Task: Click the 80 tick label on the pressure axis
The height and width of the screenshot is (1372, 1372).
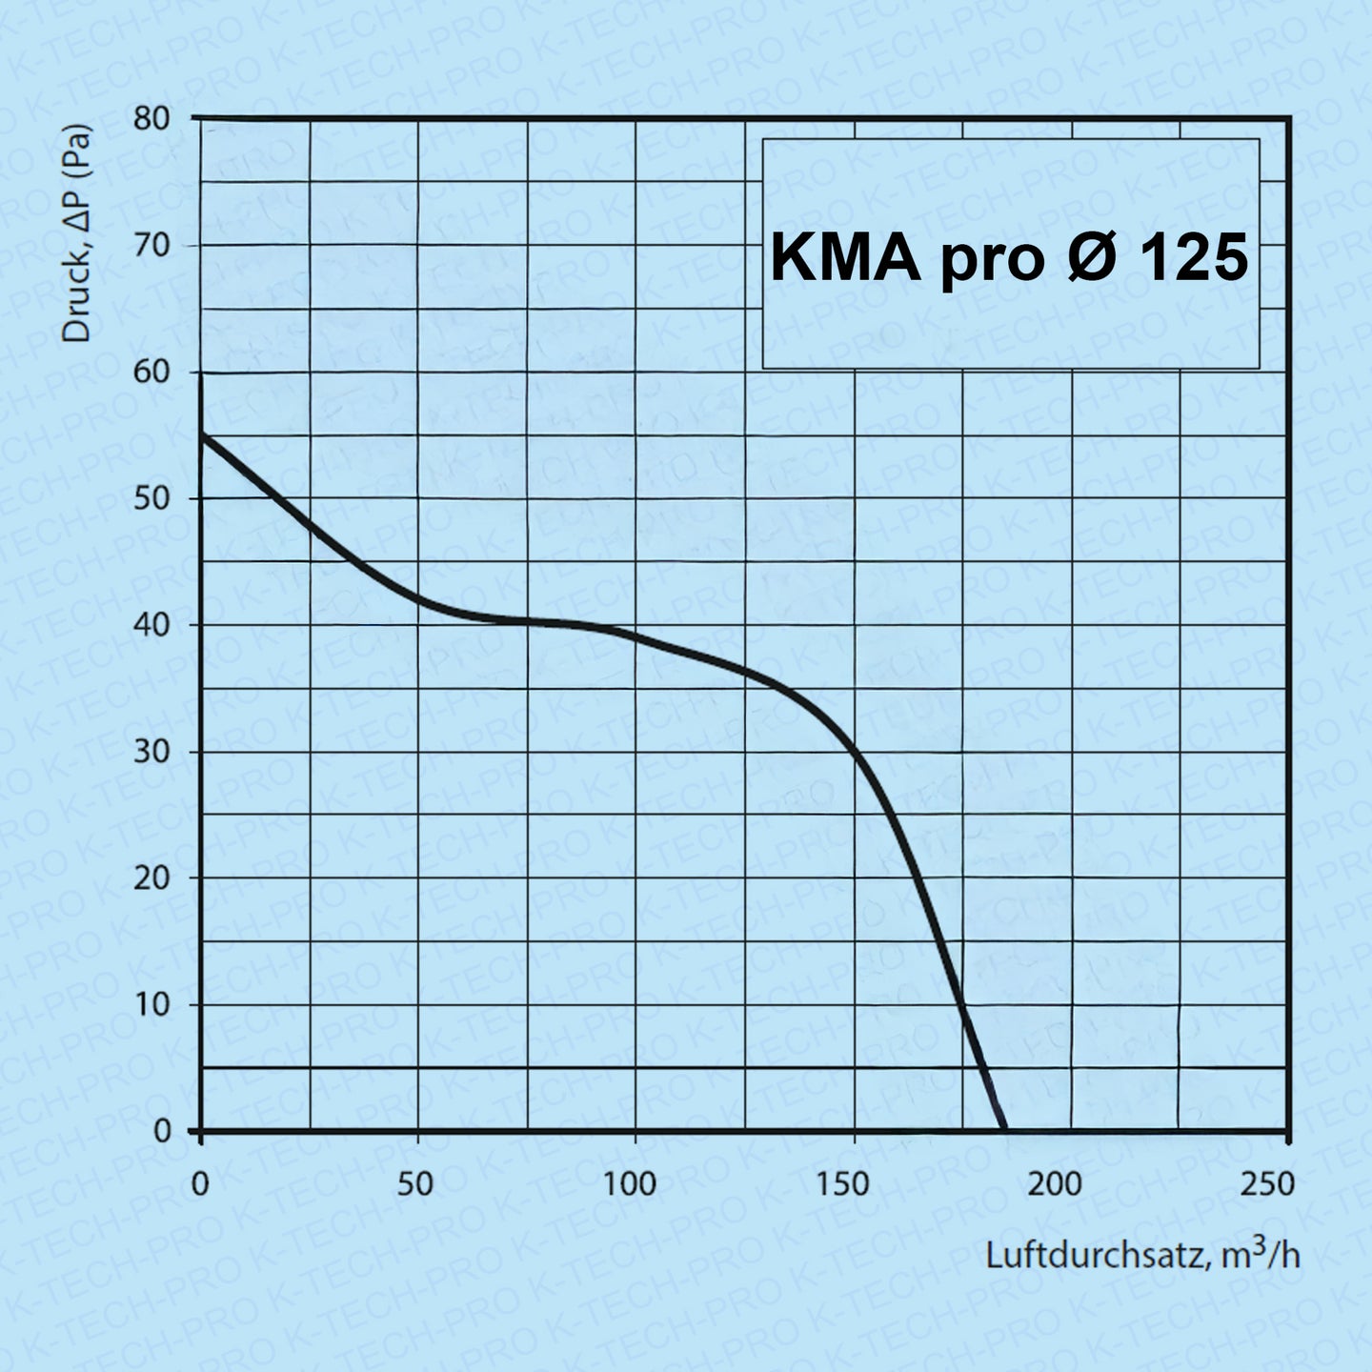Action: [150, 119]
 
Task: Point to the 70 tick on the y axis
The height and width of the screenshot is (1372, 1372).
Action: [150, 246]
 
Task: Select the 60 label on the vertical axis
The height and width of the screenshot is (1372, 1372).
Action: [150, 373]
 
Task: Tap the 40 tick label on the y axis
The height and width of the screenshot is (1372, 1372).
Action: [150, 625]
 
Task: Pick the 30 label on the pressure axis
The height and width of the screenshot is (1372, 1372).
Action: [150, 752]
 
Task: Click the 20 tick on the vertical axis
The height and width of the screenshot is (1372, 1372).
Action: [150, 878]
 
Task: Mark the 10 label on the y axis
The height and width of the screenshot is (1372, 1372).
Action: [150, 1004]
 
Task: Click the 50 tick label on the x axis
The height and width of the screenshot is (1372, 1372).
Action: [415, 1184]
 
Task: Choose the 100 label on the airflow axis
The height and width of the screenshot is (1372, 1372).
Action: [630, 1184]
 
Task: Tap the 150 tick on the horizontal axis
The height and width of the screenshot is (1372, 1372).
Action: [843, 1184]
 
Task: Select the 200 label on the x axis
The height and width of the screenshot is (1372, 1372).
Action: [1055, 1184]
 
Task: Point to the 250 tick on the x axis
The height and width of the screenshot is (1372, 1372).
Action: [1268, 1184]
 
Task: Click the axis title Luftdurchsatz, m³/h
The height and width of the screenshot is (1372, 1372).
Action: [1141, 1254]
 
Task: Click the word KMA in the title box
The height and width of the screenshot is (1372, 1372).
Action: [845, 257]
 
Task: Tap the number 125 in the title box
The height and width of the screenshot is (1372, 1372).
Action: [1192, 257]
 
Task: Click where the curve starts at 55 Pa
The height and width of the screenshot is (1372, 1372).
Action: [202, 434]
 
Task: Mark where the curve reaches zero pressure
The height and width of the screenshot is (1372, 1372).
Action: [1003, 1130]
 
